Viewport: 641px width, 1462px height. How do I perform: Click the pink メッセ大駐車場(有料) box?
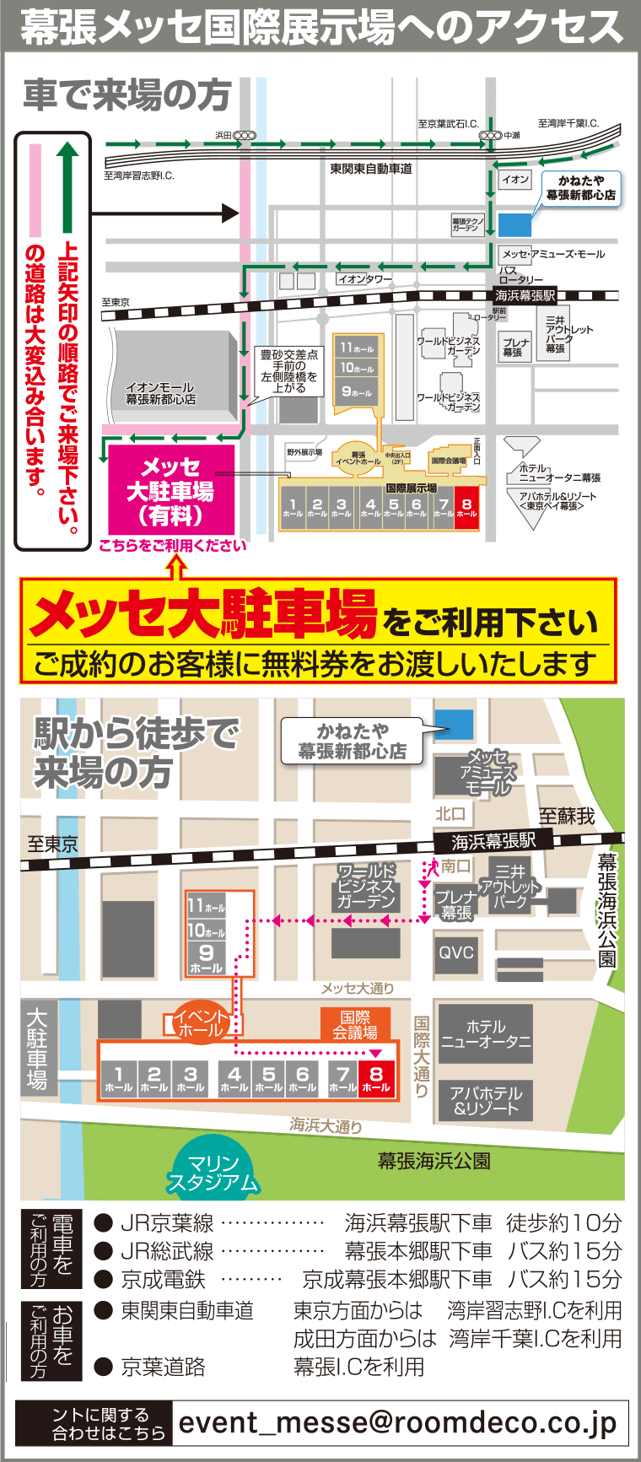click(171, 490)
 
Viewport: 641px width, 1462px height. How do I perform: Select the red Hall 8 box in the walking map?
click(376, 1079)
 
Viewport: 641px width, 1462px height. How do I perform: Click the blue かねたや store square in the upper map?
click(515, 224)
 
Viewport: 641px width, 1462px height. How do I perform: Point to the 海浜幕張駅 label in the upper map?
click(525, 295)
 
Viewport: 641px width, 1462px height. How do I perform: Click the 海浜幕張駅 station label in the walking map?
click(493, 841)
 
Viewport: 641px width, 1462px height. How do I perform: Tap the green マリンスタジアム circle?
click(213, 1173)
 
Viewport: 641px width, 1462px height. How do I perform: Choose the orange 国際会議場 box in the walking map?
click(355, 1024)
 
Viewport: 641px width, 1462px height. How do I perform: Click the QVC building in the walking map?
click(456, 952)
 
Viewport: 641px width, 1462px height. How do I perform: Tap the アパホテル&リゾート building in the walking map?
click(486, 1101)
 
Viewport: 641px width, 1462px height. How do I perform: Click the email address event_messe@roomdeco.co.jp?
click(398, 1422)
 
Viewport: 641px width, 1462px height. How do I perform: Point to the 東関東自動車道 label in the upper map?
click(371, 169)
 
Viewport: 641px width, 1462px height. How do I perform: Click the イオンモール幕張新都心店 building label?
click(160, 393)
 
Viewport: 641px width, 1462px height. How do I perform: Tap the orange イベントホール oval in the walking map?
click(202, 1022)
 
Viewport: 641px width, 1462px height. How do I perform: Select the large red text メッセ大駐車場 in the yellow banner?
click(203, 613)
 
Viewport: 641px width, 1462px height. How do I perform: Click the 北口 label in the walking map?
click(450, 813)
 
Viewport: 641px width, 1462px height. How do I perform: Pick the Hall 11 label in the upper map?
click(357, 348)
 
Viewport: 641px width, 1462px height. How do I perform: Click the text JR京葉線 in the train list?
click(167, 1222)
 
